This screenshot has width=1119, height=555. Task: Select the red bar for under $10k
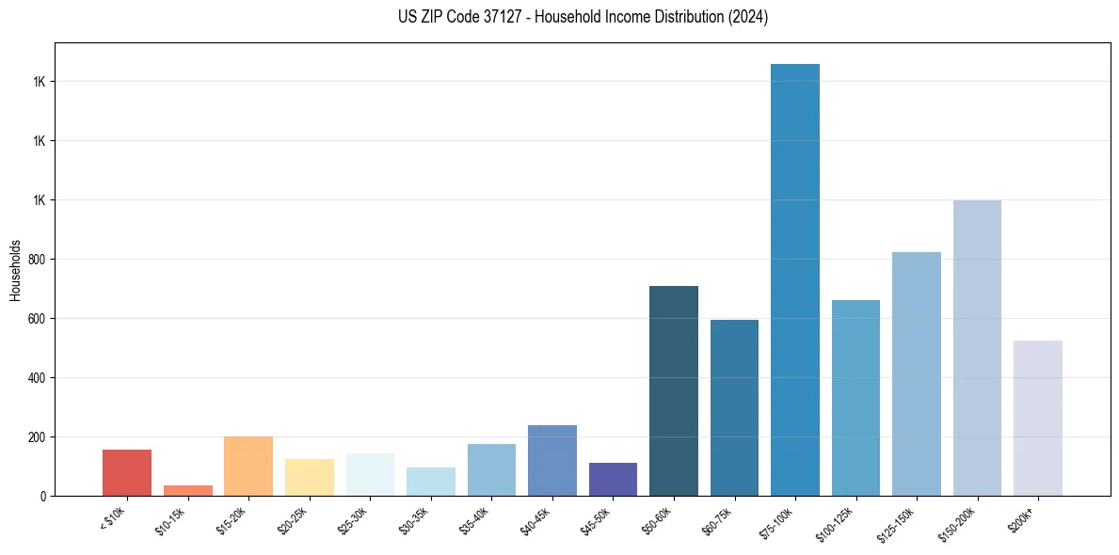coord(127,472)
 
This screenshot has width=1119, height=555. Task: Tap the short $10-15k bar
coord(188,490)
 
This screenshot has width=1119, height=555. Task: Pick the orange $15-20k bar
coord(248,466)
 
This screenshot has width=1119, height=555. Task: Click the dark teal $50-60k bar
coord(674,390)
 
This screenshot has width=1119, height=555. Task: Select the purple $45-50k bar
coord(613,479)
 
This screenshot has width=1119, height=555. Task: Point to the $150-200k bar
coord(977,348)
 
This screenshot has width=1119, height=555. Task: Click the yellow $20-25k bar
coord(310,477)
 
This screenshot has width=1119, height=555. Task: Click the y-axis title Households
coord(15,269)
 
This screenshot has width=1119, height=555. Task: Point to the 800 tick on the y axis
coord(37,260)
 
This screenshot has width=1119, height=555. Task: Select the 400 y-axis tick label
coord(37,378)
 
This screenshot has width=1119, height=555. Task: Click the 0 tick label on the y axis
coord(43,496)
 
